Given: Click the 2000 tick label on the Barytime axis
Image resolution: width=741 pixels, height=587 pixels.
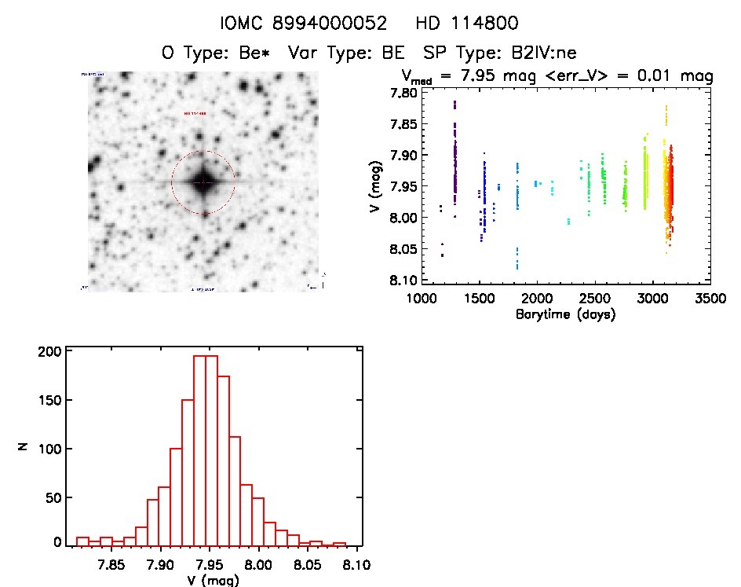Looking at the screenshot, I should (x=538, y=299).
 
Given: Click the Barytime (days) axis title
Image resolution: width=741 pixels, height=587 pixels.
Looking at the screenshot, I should (x=565, y=314).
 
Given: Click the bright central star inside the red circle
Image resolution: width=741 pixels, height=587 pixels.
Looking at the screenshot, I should (x=203, y=182).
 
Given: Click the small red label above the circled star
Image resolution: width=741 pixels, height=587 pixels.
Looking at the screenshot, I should (x=195, y=114).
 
